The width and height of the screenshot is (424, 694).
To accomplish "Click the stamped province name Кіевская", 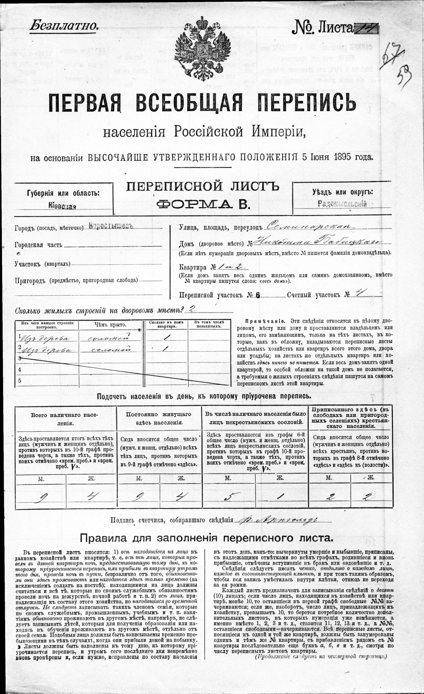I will pos(62,207).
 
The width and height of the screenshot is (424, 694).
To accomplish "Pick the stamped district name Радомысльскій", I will pos(342,204).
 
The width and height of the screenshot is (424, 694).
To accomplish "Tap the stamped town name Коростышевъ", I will pos(110,226).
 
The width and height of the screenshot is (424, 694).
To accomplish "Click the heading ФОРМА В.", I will pos(203,204).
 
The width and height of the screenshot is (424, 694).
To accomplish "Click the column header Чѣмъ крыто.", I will pos(110,325).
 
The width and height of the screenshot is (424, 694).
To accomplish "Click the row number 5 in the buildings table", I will pos(20,381).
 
